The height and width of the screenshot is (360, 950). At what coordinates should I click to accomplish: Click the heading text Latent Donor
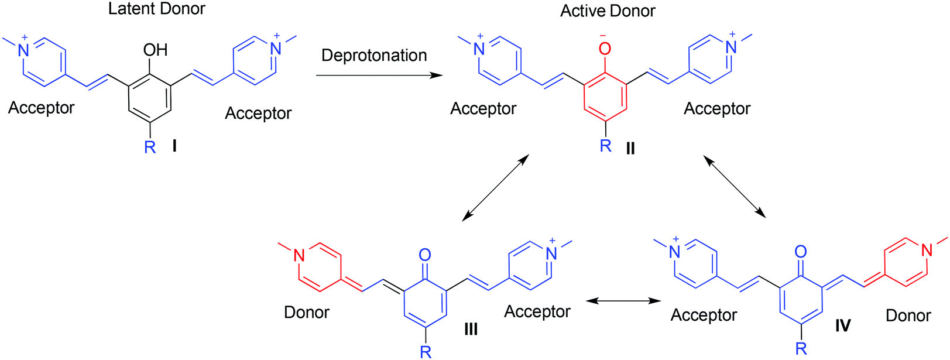(x=157, y=9)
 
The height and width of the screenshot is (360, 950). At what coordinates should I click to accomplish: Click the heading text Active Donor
(x=608, y=11)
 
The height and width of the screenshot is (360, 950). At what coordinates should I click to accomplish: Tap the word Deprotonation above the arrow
(x=374, y=56)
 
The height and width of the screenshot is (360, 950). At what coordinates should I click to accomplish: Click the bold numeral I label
(x=174, y=146)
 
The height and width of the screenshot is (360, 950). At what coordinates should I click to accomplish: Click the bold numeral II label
(x=630, y=148)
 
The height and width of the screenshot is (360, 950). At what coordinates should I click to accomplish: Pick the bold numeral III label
(x=471, y=330)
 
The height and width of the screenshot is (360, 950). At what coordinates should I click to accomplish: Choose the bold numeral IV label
(x=843, y=325)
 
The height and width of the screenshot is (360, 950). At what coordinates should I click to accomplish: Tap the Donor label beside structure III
(x=306, y=313)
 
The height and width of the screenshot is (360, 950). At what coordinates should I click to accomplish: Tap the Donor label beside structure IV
(x=908, y=316)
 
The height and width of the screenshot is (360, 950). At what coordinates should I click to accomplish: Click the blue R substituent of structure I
(x=150, y=148)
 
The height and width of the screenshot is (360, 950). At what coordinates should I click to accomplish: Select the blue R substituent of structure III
(x=426, y=351)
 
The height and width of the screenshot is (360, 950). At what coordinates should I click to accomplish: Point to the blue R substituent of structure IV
(x=801, y=349)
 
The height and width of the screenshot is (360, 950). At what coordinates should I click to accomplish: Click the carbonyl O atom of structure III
(x=426, y=255)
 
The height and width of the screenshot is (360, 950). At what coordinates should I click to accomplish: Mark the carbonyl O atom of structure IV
(x=801, y=252)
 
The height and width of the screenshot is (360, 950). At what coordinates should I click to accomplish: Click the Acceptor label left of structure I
(x=41, y=108)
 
